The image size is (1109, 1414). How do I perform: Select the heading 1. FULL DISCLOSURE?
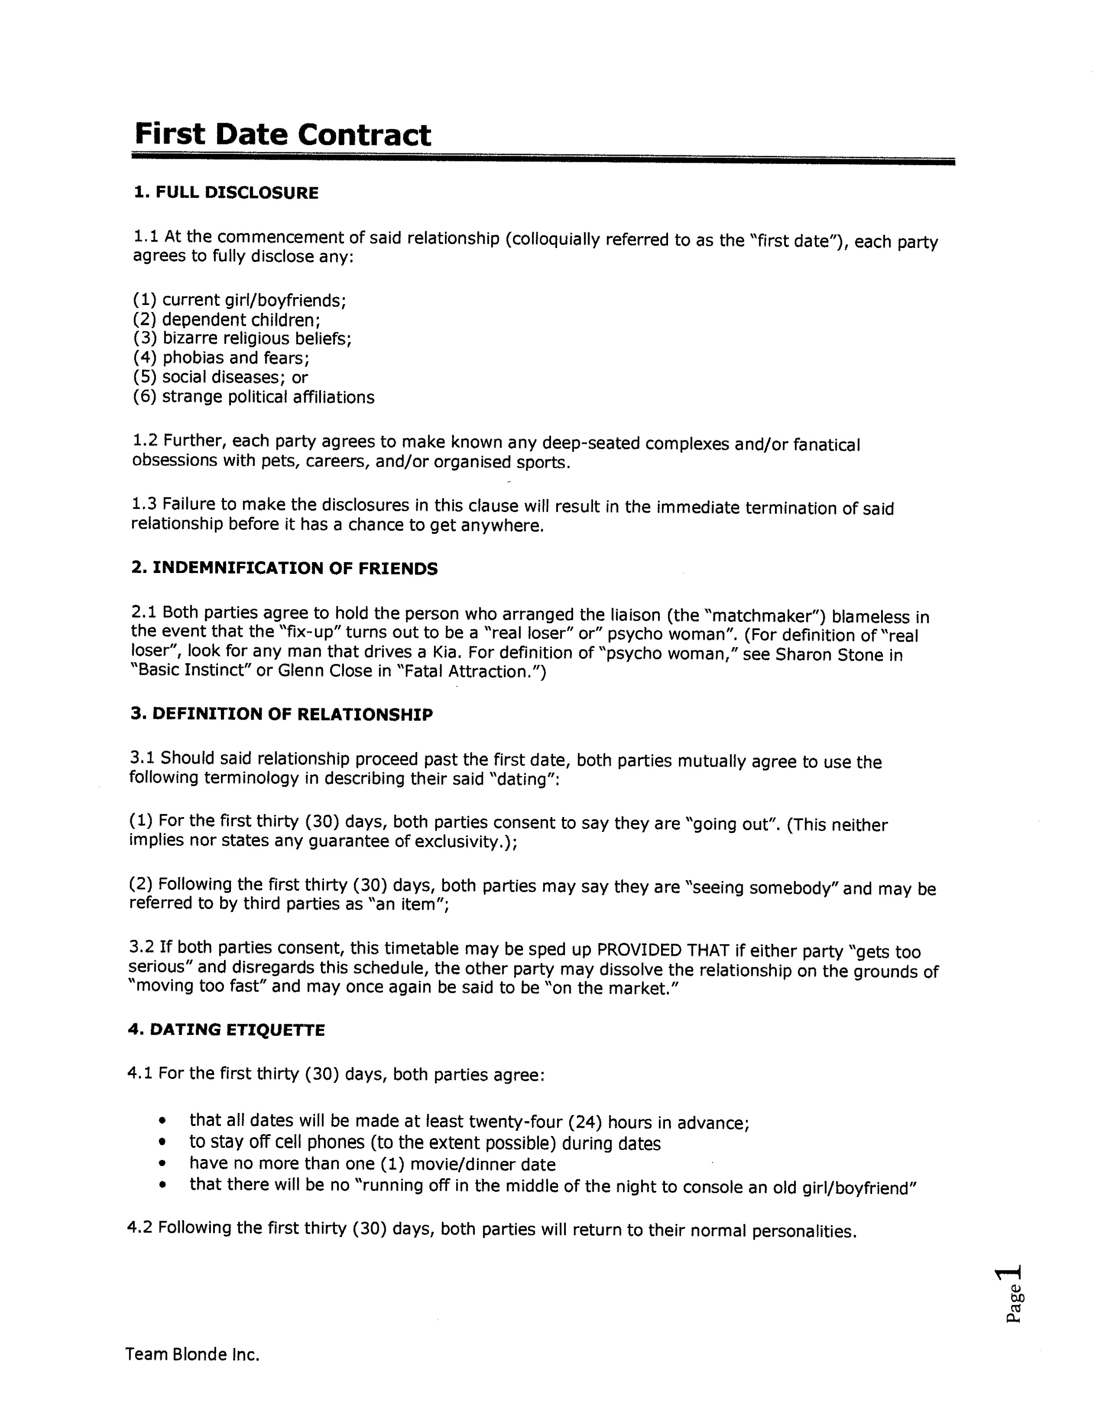(226, 193)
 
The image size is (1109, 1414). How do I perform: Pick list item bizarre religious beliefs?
(257, 338)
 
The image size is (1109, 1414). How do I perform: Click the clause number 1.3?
(144, 504)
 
